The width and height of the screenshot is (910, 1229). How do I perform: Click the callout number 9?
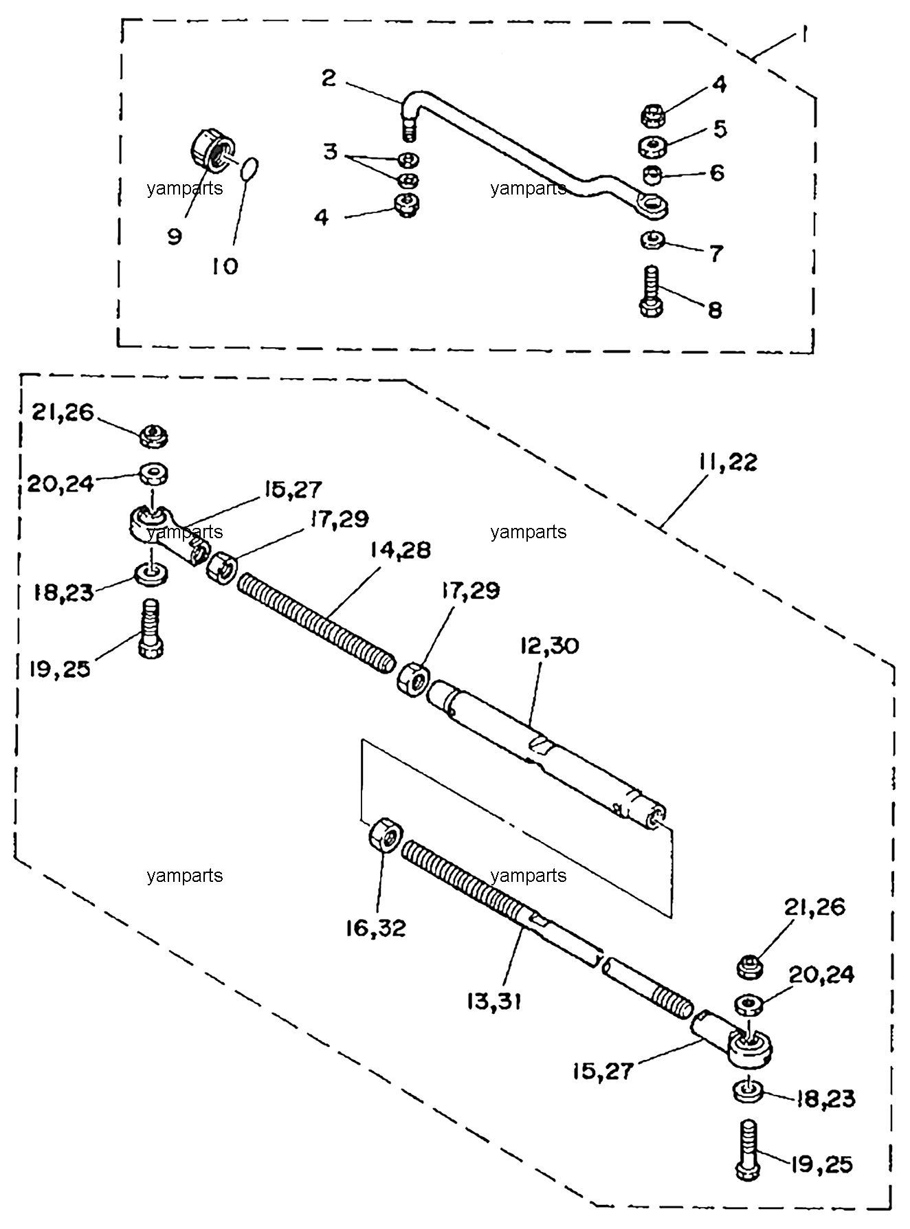tap(175, 237)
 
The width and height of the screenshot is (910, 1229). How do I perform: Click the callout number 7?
tap(715, 254)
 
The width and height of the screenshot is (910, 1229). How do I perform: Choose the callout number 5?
tap(720, 128)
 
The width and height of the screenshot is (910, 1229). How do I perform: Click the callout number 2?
tap(329, 78)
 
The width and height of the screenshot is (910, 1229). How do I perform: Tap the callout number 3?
tap(331, 152)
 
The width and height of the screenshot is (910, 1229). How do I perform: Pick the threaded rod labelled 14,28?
tap(316, 624)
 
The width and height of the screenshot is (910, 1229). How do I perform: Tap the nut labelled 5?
tap(650, 146)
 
